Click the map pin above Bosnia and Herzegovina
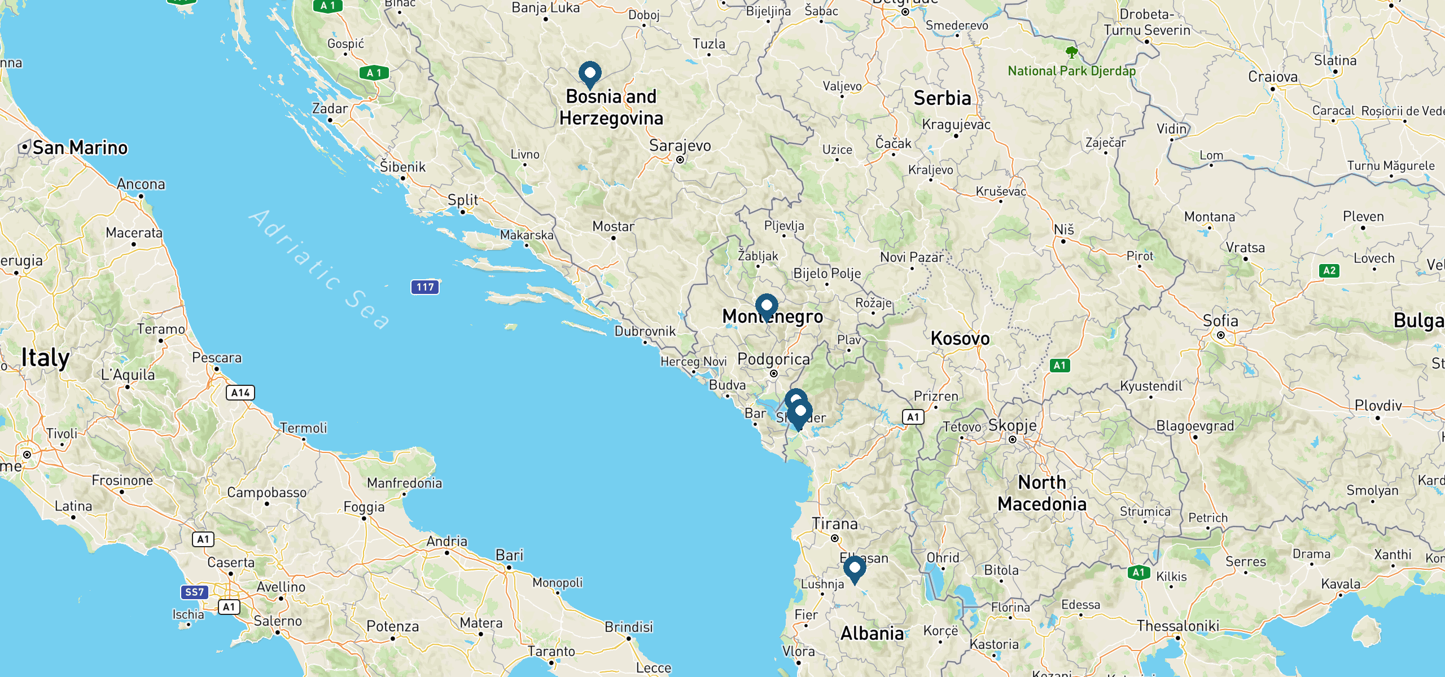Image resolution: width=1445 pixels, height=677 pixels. click(x=590, y=74)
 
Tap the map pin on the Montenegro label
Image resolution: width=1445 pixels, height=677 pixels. click(x=767, y=306)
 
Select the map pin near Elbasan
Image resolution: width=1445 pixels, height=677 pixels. click(x=855, y=569)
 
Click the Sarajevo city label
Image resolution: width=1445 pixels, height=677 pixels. click(x=680, y=146)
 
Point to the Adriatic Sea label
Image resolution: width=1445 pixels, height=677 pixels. click(x=319, y=269)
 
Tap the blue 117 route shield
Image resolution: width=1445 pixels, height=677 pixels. click(x=425, y=287)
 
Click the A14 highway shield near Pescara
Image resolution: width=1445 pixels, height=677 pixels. click(x=240, y=393)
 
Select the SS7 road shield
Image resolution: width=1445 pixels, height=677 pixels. click(x=194, y=592)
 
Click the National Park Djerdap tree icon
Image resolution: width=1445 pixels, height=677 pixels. click(x=1071, y=53)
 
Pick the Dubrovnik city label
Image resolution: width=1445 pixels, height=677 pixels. click(x=645, y=331)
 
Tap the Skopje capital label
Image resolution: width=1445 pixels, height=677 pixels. click(x=1012, y=425)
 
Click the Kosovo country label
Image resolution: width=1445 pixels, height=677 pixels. click(x=960, y=338)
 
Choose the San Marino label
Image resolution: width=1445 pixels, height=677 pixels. click(x=80, y=148)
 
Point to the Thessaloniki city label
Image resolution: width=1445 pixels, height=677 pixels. click(x=1178, y=626)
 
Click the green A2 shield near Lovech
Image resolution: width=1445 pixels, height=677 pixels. click(x=1329, y=271)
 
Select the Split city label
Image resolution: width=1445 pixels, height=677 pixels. click(x=462, y=200)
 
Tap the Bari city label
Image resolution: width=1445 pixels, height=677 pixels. click(x=509, y=555)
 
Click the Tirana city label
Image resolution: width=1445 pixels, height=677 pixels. click(x=834, y=524)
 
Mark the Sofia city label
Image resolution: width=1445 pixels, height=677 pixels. click(x=1220, y=321)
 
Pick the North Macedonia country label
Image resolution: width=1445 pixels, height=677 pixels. click(x=1042, y=493)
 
